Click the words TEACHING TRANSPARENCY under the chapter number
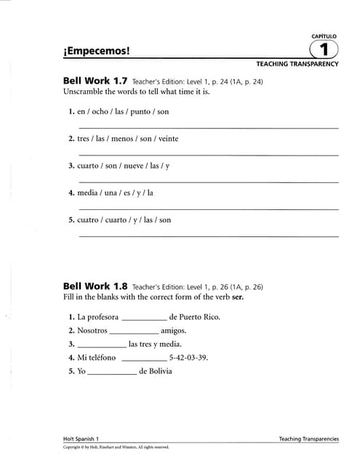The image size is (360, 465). (297, 65)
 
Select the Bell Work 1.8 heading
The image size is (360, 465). (95, 286)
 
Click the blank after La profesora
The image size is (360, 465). (144, 318)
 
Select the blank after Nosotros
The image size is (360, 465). (133, 331)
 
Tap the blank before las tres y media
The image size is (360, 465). (101, 345)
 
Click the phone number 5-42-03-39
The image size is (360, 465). (188, 357)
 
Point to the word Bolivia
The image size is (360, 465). (160, 371)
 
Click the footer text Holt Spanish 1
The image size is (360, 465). (82, 439)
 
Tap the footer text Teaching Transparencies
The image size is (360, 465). (308, 439)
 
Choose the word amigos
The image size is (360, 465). (172, 331)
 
